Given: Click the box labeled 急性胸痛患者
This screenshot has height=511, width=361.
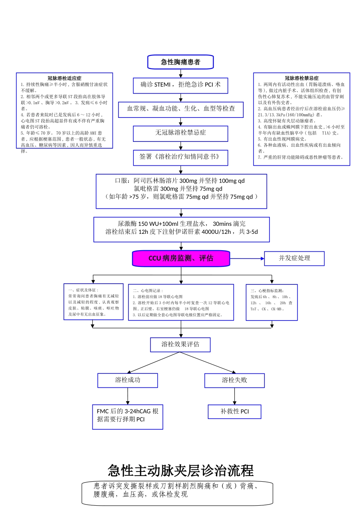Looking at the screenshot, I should tap(180, 62).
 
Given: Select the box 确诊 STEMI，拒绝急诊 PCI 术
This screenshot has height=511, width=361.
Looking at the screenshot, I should tap(180, 85).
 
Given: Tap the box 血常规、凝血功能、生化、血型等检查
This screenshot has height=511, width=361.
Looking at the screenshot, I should tap(180, 109).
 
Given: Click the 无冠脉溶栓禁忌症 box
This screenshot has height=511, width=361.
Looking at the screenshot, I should tap(180, 133).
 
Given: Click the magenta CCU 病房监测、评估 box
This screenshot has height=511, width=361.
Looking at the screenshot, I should tap(181, 259).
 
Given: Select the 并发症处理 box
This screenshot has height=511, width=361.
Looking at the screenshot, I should tap(294, 258).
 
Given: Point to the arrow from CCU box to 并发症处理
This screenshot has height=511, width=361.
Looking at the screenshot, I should tap(247, 259).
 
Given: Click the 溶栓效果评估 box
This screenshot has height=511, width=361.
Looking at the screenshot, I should tap(180, 344).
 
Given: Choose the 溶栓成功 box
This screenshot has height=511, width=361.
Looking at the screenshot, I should tap(128, 380).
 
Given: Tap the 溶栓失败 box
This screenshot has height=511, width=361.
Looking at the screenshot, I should tap(234, 380).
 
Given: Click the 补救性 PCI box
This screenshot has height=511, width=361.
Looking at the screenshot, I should tap(234, 411).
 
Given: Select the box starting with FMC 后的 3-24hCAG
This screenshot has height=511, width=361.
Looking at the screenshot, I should tap(128, 416).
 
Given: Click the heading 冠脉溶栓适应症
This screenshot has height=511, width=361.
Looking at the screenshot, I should tap(64, 78).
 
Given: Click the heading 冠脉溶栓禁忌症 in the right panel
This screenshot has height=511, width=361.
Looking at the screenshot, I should tap(302, 78).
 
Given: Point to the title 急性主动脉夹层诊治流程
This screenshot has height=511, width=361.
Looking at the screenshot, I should tap(180, 471).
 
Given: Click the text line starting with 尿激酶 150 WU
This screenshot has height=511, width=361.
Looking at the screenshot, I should tap(181, 224).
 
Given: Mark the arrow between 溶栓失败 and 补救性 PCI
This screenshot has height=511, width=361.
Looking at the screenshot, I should tap(234, 396).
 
